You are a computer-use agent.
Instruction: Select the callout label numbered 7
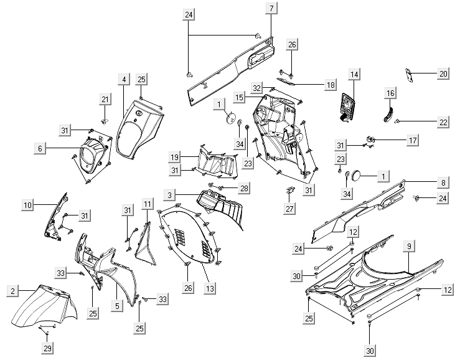coord(272,8)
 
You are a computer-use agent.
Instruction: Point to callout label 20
coord(443,73)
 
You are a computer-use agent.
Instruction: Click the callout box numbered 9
coord(409,247)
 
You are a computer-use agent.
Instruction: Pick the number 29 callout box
coord(47,348)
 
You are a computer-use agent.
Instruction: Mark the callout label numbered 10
coord(28,204)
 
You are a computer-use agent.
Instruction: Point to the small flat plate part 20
coord(410,74)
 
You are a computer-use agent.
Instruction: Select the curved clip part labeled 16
coord(388,113)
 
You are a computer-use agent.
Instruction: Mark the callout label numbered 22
coord(443,122)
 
